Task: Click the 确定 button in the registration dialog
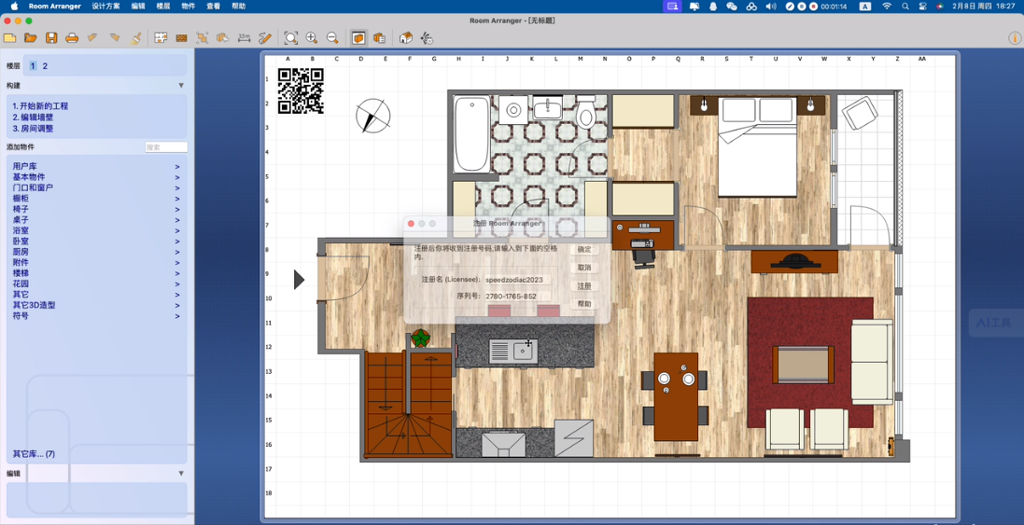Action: coord(584,250)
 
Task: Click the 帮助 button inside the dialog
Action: coord(584,304)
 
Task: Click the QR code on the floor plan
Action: coord(301,91)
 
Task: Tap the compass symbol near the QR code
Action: coord(372,117)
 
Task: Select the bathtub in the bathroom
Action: coord(471,134)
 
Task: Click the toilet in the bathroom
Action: coord(585,114)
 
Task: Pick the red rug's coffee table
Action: coord(803,364)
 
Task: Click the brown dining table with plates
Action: coord(675,395)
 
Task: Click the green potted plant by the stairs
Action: coord(421,338)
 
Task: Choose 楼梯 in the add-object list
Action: coord(21,273)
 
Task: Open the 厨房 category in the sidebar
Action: coord(21,252)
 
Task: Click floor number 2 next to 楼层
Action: coord(45,66)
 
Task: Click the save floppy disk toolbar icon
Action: coord(51,38)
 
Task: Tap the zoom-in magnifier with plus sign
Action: coord(312,38)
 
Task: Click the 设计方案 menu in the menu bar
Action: coord(105,7)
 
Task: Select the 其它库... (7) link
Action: coord(34,454)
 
